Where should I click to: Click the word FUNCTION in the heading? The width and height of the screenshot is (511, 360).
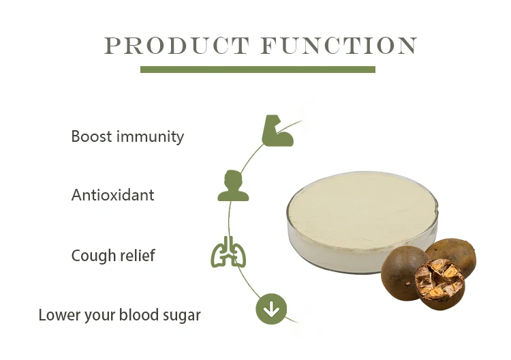(339, 46)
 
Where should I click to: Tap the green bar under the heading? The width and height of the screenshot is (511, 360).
(258, 70)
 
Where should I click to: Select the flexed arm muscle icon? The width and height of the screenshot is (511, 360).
(277, 131)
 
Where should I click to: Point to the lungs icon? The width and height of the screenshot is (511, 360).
(228, 253)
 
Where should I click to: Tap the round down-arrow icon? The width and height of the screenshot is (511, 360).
(271, 310)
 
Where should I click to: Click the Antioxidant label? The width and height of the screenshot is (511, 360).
(113, 195)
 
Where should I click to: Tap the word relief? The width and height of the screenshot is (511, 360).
(136, 256)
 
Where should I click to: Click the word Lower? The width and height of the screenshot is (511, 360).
(57, 315)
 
